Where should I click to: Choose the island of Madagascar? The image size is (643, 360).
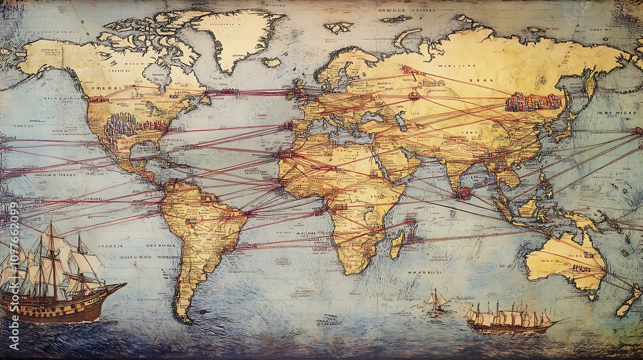click(397, 244)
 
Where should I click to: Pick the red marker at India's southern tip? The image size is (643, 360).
click(462, 191)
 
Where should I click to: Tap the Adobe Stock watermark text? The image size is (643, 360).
click(14, 257)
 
